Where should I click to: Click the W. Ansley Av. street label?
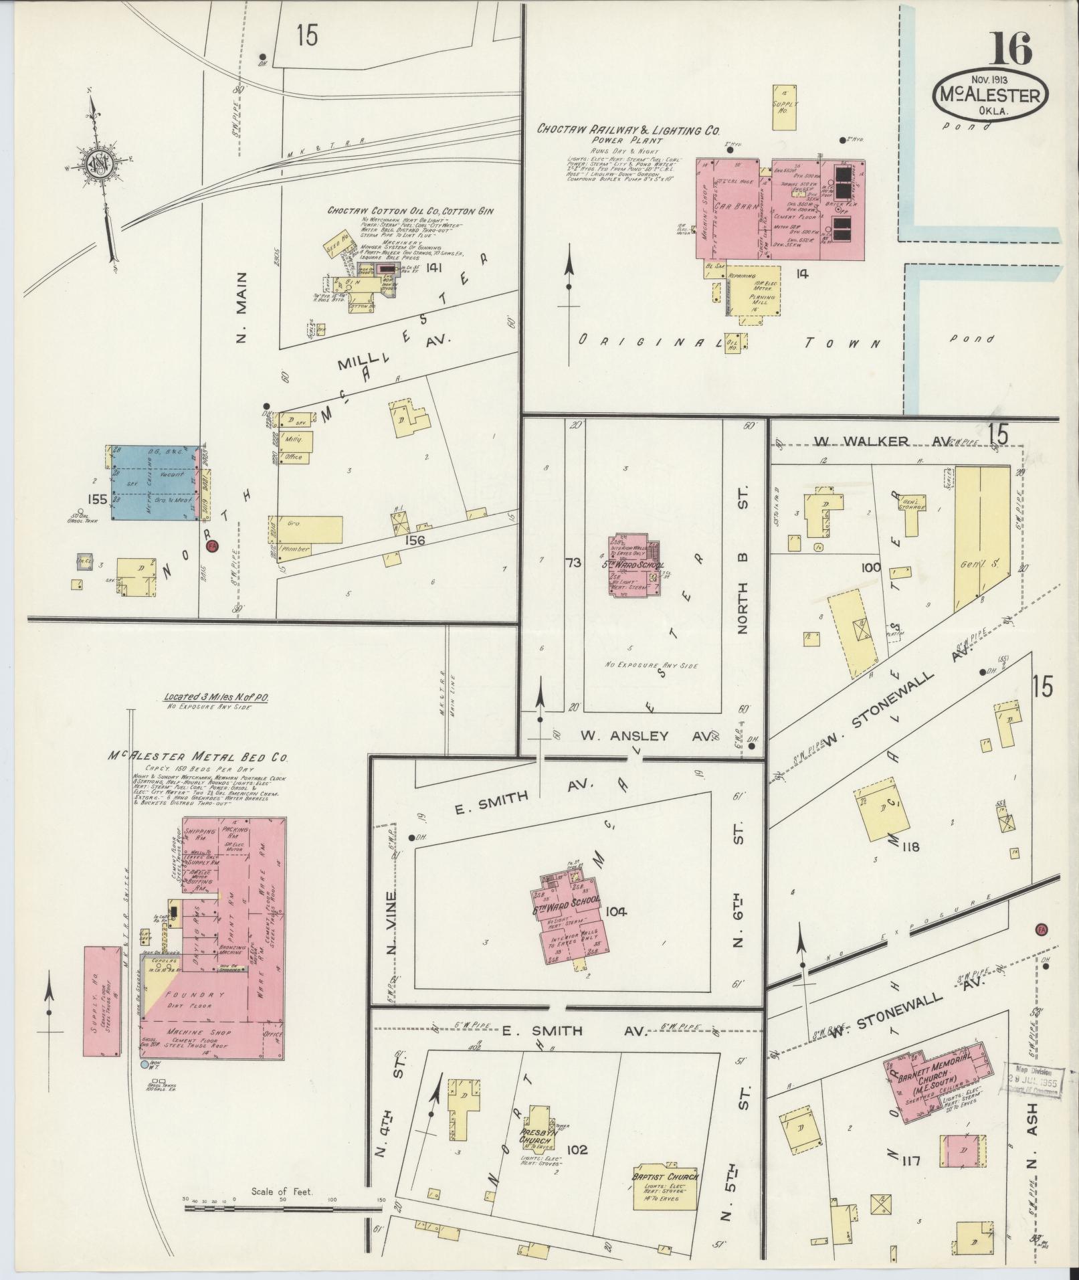pyautogui.click(x=646, y=736)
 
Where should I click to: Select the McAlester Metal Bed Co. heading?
pyautogui.click(x=199, y=757)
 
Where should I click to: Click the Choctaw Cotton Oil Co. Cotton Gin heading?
pyautogui.click(x=410, y=210)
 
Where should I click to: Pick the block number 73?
pyautogui.click(x=573, y=561)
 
